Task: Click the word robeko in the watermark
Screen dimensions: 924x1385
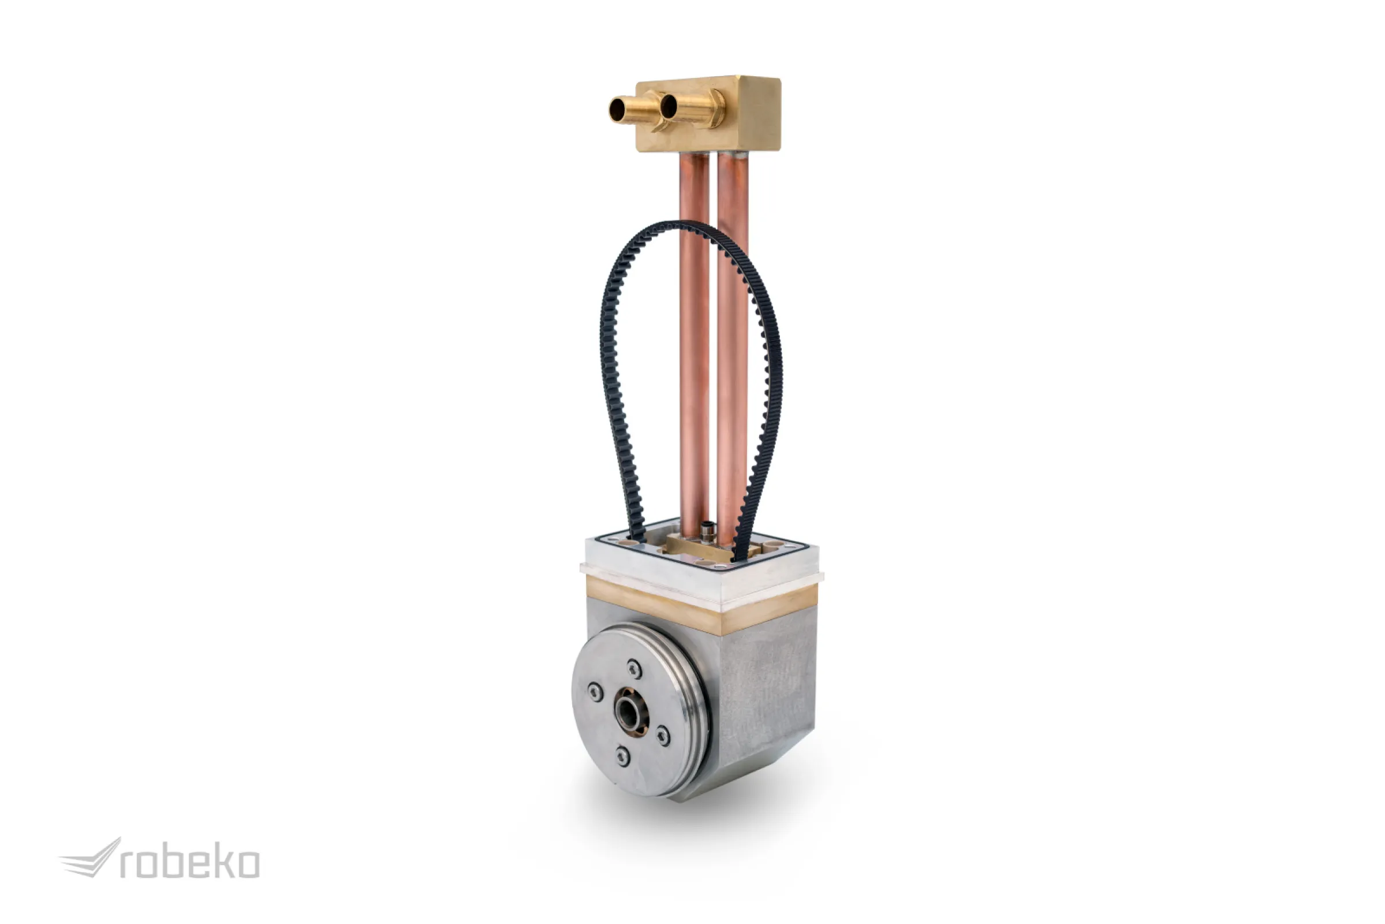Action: point(190,864)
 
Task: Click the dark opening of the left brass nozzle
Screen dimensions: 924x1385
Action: point(618,110)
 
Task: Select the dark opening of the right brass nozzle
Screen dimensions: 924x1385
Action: point(669,107)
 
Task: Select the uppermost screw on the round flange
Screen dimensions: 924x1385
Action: point(634,669)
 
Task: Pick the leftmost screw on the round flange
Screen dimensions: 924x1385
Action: point(595,691)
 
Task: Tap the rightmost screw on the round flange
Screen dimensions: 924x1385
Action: point(663,735)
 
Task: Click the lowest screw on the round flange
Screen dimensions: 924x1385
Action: point(623,755)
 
